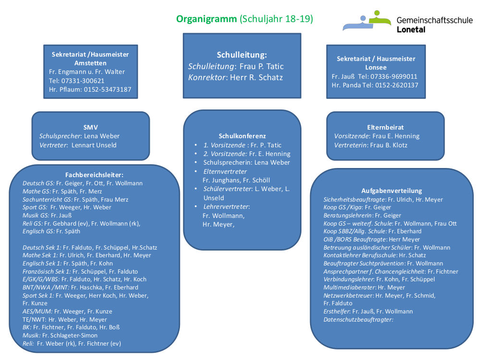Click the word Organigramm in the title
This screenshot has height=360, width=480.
pos(206,19)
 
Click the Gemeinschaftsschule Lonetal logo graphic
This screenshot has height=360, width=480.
pos(367,21)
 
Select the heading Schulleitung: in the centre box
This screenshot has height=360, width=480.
pos(242,55)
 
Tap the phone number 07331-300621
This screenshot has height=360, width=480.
pos(83,81)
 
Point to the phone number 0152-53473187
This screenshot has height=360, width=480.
pos(108,89)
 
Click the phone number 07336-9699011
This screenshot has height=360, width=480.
pos(394,76)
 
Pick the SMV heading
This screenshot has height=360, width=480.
pos(91,127)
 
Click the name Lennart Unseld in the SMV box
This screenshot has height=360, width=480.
pos(94,145)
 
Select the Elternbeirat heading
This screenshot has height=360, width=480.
pos(385,127)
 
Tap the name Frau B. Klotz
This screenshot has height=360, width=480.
pos(389,145)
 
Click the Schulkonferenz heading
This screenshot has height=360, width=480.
pos(242,136)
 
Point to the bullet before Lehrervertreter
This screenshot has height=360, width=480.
pos(196,206)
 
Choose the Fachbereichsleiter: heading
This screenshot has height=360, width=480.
pos(94,175)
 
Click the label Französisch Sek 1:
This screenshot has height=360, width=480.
pos(47,272)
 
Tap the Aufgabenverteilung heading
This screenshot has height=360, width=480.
pos(392,191)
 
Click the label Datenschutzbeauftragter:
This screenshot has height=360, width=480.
pos(358,320)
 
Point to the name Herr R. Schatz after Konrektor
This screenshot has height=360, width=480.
pos(256,77)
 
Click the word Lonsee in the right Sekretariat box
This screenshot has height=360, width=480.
pos(376,67)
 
